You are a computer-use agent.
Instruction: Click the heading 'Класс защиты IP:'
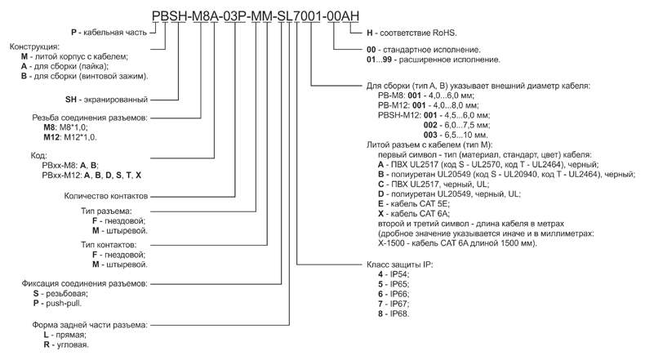[x=398, y=265]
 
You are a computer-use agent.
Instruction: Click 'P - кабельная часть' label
[x=109, y=32]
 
